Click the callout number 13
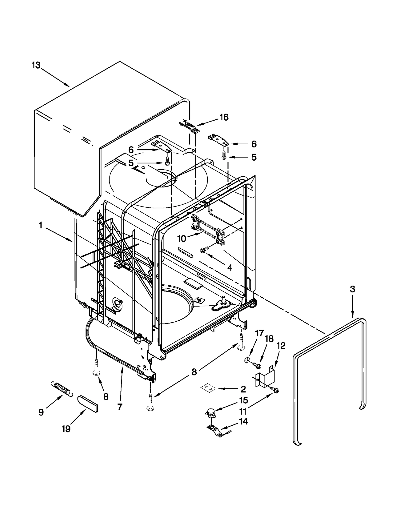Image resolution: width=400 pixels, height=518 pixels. [36, 66]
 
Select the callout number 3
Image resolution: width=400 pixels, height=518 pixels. [352, 289]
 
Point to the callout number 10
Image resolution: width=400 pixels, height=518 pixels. [182, 239]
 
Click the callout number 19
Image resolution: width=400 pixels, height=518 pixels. [66, 429]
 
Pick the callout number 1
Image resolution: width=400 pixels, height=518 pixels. [40, 225]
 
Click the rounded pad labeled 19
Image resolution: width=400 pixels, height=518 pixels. [87, 403]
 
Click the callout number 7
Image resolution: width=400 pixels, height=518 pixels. [120, 407]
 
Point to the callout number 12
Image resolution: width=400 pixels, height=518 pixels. [281, 346]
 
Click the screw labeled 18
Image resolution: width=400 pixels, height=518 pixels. [256, 365]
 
